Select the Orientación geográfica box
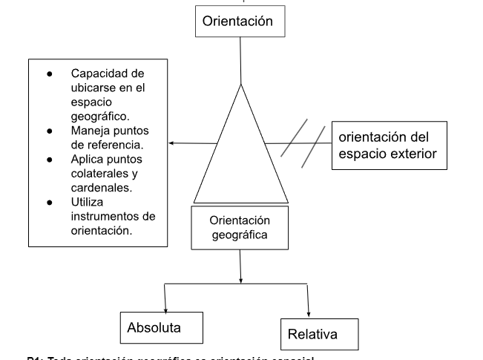240,228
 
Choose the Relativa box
319,334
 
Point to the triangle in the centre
240,156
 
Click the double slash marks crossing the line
303,141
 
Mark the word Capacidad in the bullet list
98,73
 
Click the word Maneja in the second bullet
90,131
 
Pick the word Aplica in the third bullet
88,159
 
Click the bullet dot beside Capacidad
50,73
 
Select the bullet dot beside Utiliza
50,201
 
